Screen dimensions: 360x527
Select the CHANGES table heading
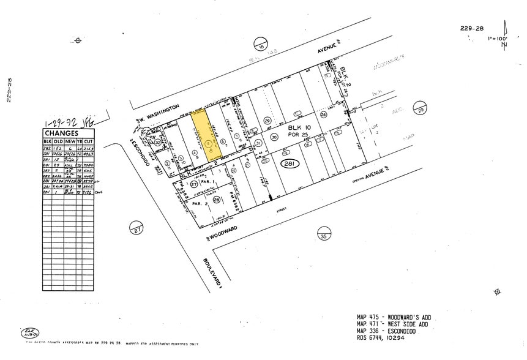pyautogui.click(x=62, y=133)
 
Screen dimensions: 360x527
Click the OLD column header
pyautogui.click(x=60, y=142)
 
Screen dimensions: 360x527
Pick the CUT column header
pyautogui.click(x=88, y=142)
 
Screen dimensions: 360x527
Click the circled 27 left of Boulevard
pyautogui.click(x=135, y=229)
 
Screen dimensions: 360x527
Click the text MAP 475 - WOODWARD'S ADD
pyautogui.click(x=394, y=317)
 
